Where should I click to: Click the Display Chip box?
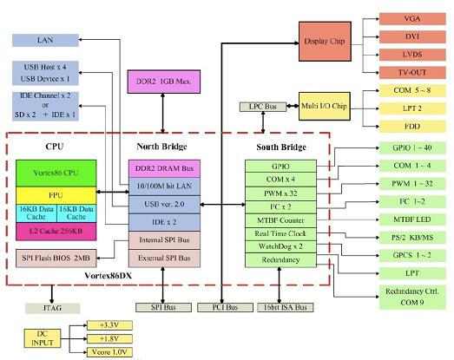point(325,41)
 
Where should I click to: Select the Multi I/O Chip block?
point(325,106)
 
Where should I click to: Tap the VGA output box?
point(412,19)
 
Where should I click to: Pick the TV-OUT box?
point(412,72)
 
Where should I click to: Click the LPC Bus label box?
point(263,107)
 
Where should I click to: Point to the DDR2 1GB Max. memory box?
point(164,82)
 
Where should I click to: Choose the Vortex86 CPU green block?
point(56,173)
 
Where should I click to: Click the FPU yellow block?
point(56,196)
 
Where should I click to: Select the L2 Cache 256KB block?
point(56,232)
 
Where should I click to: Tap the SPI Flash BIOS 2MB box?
point(56,258)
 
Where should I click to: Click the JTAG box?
point(52,308)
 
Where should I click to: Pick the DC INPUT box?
point(43,338)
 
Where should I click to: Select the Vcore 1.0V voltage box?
point(109,352)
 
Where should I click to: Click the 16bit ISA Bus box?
point(286,307)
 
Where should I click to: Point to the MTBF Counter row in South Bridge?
point(280,221)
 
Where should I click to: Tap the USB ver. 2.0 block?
point(164,205)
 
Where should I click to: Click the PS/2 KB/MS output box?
point(412,238)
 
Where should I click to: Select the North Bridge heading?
point(161,147)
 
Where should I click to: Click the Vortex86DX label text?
point(108,276)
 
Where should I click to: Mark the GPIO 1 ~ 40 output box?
point(412,147)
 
